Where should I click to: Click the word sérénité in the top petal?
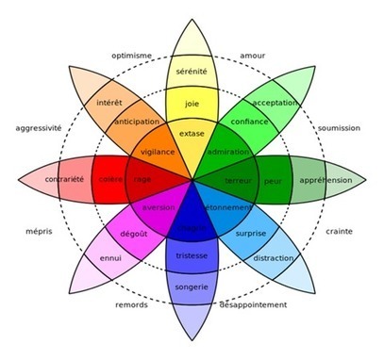(x=193, y=71)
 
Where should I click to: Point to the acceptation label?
(x=274, y=102)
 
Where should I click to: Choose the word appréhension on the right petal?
(x=326, y=180)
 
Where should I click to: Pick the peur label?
(x=274, y=179)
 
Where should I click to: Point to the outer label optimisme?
(x=132, y=56)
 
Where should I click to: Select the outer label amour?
(x=253, y=56)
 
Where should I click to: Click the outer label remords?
(x=131, y=306)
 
